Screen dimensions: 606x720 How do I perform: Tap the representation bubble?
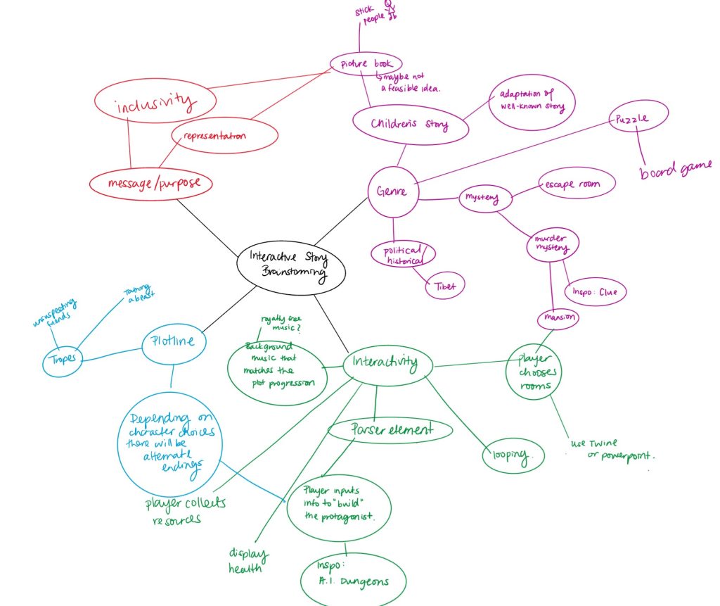(x=214, y=136)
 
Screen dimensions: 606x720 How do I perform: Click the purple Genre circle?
(x=392, y=191)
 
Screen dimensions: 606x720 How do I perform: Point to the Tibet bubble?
(x=444, y=286)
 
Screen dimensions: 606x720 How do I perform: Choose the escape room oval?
(x=576, y=184)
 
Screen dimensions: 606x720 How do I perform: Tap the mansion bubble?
(x=558, y=318)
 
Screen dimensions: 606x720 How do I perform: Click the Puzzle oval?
(x=638, y=119)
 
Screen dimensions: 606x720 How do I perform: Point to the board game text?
(x=676, y=169)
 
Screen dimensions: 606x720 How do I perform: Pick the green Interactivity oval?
(x=385, y=363)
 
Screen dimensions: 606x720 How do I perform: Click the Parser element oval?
(x=390, y=429)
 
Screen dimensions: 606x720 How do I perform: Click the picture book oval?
(x=366, y=63)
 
